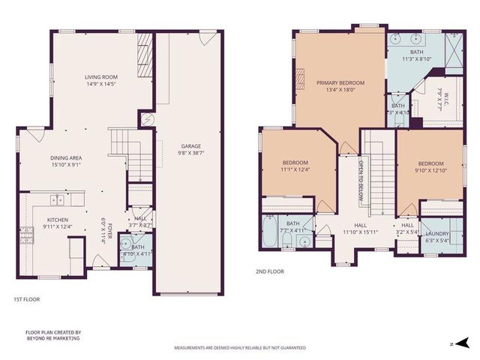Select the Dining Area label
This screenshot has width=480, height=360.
[66, 157]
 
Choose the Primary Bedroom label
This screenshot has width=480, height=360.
[340, 83]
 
